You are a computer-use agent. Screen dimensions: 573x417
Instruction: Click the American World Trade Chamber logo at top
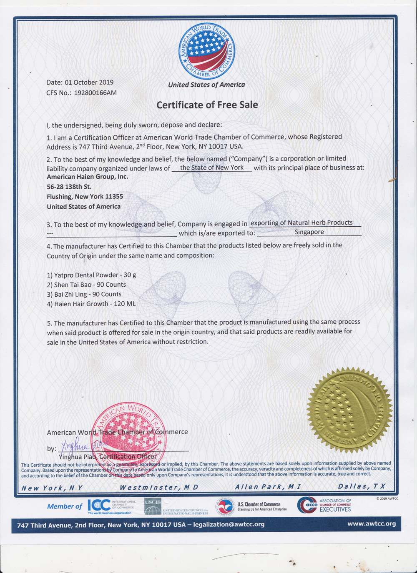pos(207,51)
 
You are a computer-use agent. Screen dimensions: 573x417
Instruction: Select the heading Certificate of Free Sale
pos(207,105)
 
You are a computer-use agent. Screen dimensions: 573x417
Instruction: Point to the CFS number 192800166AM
pos(95,93)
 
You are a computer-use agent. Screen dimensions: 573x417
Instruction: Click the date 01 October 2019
pos(89,83)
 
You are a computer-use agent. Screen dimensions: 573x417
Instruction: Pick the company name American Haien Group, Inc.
pos(88,177)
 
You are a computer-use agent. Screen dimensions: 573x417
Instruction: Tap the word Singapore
pos(309,232)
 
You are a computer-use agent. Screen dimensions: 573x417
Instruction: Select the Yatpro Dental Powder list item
pos(92,275)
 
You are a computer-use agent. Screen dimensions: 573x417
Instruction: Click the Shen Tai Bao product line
pos(87,285)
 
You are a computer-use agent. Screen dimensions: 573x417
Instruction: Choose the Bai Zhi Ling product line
pos(84,294)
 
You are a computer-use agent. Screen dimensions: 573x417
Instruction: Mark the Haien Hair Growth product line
pos(91,304)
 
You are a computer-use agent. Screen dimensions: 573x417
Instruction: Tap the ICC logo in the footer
pos(99,505)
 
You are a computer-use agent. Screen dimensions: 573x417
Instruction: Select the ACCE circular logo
pos(307,505)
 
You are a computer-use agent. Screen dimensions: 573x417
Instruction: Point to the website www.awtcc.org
pos(371,524)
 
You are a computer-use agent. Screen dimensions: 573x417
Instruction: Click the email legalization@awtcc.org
pos(229,524)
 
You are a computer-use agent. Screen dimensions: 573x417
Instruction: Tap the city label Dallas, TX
pos(362,486)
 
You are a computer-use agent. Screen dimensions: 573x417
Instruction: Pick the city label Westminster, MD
pos(159,487)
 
